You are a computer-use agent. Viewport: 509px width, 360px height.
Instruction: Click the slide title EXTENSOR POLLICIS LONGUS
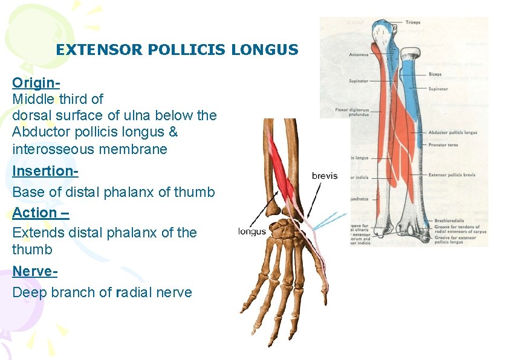(x=177, y=50)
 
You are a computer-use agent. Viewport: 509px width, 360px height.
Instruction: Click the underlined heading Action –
(x=41, y=213)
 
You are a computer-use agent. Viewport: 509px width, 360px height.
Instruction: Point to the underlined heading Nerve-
(x=35, y=271)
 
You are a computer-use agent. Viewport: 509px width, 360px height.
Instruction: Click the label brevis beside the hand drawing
(x=325, y=176)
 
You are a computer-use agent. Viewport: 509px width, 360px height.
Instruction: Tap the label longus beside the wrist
(x=252, y=230)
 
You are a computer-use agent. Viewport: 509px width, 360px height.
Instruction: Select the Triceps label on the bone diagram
(x=413, y=22)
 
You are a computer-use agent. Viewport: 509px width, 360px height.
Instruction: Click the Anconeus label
(x=358, y=55)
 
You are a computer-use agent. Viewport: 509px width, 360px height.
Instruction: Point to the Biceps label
(x=435, y=74)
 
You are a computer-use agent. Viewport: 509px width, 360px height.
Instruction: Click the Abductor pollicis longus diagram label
(x=453, y=132)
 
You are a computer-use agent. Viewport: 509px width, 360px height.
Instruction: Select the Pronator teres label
(x=445, y=146)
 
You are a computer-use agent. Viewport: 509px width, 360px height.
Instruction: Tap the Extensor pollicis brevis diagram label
(x=452, y=175)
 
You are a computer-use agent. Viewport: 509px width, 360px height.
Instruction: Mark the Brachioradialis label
(x=450, y=221)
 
